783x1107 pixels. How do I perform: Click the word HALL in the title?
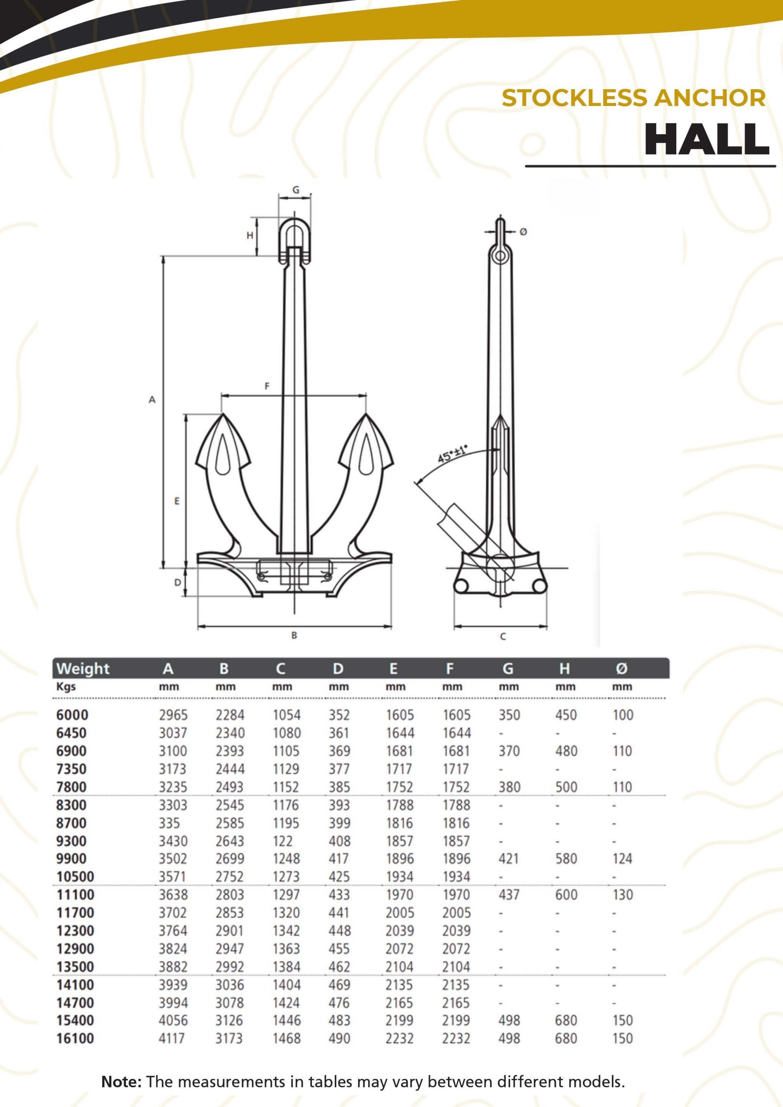click(707, 139)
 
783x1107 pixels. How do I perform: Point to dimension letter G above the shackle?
click(296, 190)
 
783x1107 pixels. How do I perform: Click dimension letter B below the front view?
click(294, 635)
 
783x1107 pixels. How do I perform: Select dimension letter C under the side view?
click(503, 636)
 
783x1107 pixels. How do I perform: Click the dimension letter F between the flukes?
click(267, 386)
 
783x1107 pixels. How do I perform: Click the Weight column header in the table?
click(83, 669)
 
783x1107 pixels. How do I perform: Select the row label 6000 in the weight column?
click(73, 715)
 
